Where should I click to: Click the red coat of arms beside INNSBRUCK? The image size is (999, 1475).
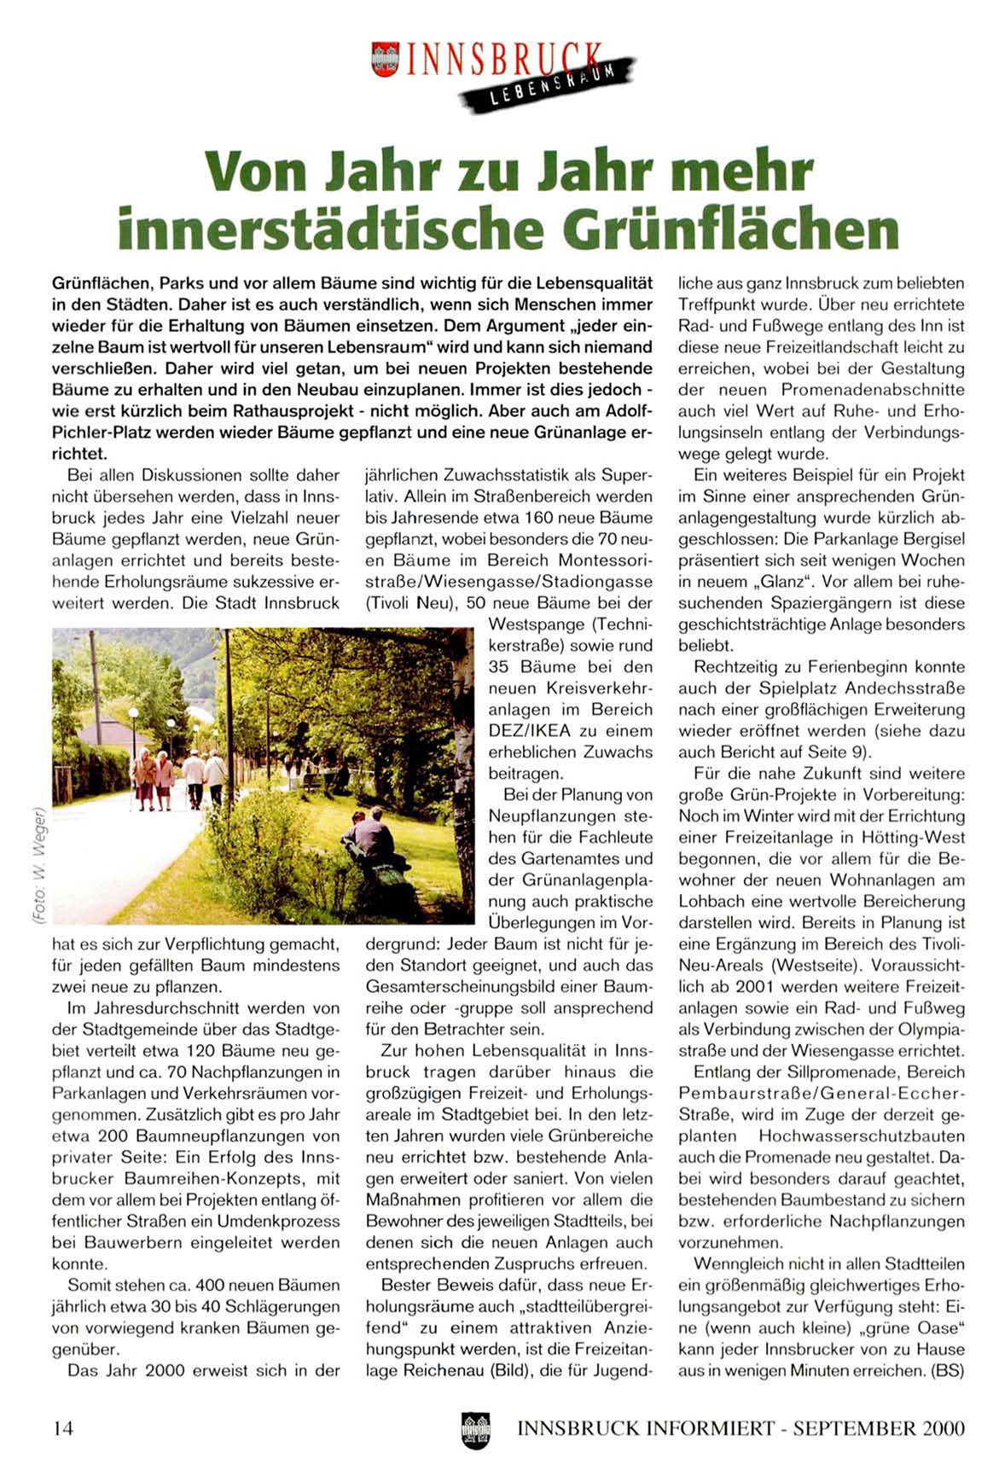(386, 59)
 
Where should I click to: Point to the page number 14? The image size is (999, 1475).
(63, 1427)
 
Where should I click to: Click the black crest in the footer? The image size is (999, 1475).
(475, 1430)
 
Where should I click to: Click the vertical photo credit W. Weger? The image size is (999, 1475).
(38, 862)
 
